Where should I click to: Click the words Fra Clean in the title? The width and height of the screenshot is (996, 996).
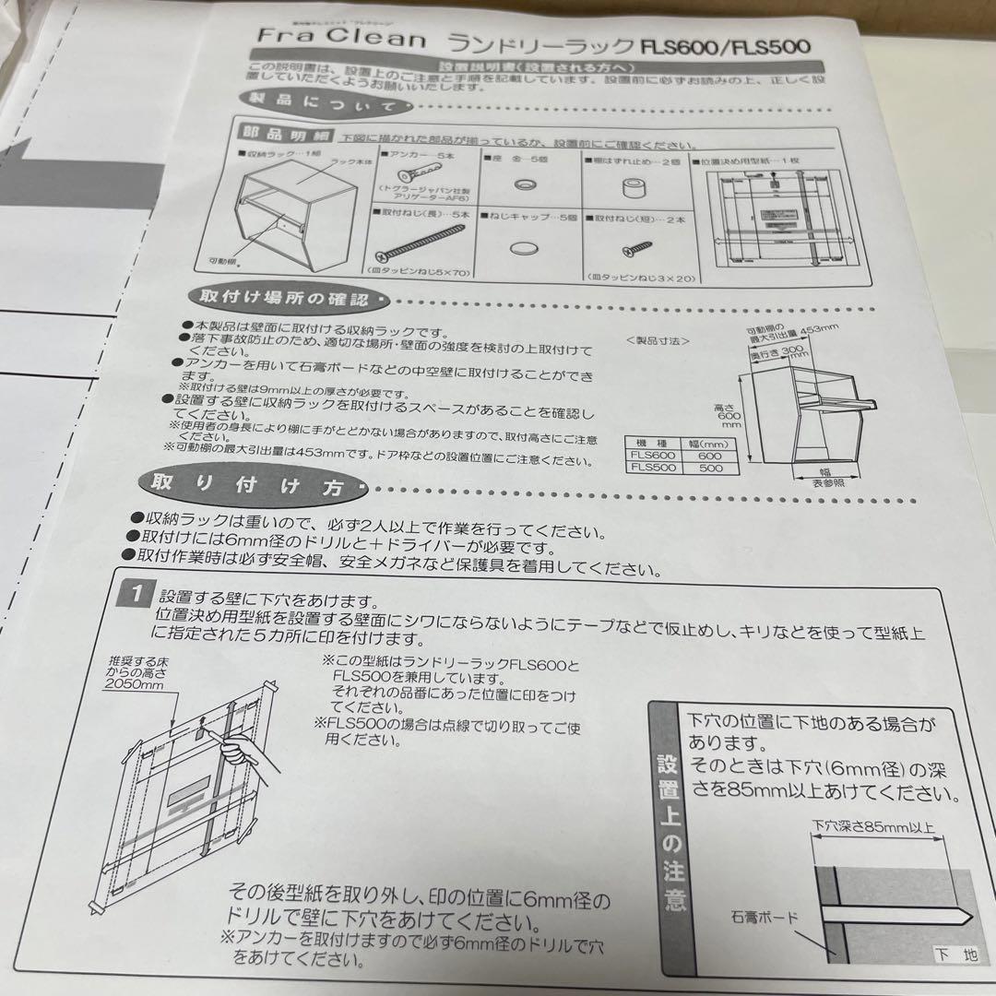point(342,40)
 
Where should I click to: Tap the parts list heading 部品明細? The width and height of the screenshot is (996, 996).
point(275,134)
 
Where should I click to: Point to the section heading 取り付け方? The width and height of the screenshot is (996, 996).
point(246,486)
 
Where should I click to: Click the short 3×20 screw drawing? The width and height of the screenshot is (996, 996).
point(636,246)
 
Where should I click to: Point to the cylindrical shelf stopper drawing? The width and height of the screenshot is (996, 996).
point(633,186)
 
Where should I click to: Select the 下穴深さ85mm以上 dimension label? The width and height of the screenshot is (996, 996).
point(872,826)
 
